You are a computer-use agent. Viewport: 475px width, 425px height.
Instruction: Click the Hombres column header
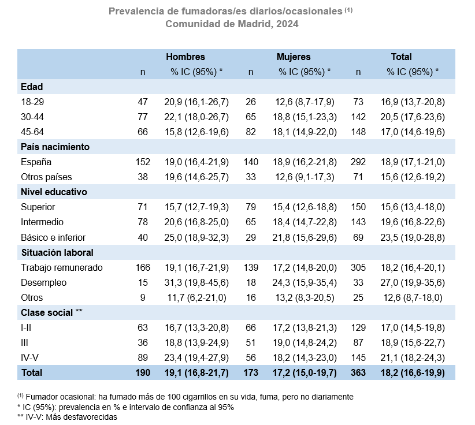click(x=185, y=57)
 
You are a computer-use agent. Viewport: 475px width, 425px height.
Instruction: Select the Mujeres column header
click(x=294, y=57)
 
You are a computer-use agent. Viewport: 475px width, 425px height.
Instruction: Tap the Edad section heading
click(x=32, y=87)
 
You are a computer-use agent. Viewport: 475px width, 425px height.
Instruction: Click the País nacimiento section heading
click(x=55, y=147)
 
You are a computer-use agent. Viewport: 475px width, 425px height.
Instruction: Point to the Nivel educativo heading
click(x=54, y=192)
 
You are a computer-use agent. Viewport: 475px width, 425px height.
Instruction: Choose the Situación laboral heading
click(x=57, y=252)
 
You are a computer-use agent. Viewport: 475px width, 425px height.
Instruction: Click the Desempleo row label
click(x=43, y=283)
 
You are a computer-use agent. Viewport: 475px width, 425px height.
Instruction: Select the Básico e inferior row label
click(x=53, y=237)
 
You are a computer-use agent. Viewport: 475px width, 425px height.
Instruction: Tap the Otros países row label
click(x=46, y=177)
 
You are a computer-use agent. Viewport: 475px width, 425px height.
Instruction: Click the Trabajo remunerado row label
click(x=62, y=267)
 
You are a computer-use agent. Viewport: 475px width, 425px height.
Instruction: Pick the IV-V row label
click(x=29, y=358)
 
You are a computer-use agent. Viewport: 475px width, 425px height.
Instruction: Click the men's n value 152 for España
click(x=143, y=162)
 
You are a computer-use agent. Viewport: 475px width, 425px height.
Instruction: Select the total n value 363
click(x=358, y=372)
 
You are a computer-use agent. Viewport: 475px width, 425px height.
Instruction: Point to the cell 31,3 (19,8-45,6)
click(x=196, y=283)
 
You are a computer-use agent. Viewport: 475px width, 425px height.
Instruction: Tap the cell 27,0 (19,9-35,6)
click(x=413, y=283)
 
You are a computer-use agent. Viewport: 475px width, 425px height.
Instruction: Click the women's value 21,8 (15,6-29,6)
click(x=305, y=238)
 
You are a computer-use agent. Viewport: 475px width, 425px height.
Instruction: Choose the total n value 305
click(x=358, y=267)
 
